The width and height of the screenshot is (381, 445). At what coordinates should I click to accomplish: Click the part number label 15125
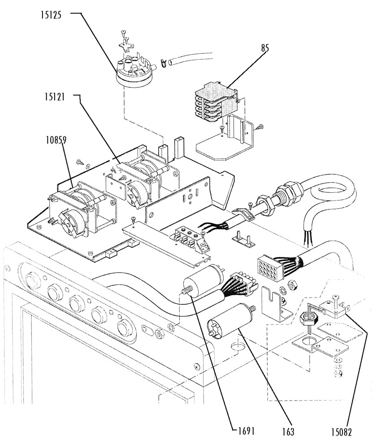tap(51, 15)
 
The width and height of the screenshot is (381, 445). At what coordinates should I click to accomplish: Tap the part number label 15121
tap(55, 97)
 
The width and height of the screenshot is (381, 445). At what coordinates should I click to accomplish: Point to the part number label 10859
tap(56, 140)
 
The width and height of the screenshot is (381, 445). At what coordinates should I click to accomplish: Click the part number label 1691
tap(246, 431)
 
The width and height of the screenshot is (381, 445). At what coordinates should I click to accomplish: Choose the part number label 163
tap(288, 432)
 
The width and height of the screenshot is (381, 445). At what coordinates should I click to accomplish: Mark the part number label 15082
tap(342, 432)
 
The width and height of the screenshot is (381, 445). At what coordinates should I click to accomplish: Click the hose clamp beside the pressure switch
tap(163, 63)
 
